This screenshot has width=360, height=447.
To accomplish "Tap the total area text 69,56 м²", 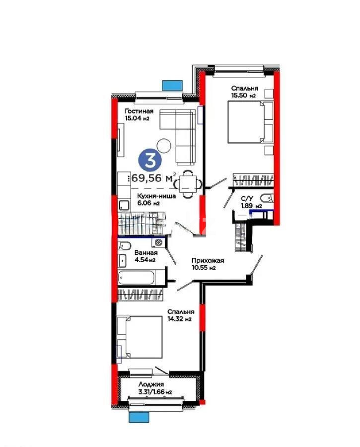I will pos(153,178).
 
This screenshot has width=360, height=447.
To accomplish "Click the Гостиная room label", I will pos(139,112).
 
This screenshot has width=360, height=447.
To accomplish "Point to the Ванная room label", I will pos(145,252).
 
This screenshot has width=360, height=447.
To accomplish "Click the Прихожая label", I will pos(208,261).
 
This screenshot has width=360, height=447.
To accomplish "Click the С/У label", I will pos(246,198).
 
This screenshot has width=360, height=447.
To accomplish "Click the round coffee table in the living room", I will pos(164,145).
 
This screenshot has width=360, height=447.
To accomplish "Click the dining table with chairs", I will pos(188,184).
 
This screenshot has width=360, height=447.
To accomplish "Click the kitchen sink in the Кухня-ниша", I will pos(123,204).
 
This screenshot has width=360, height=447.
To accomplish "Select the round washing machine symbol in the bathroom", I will pos(159,242).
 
